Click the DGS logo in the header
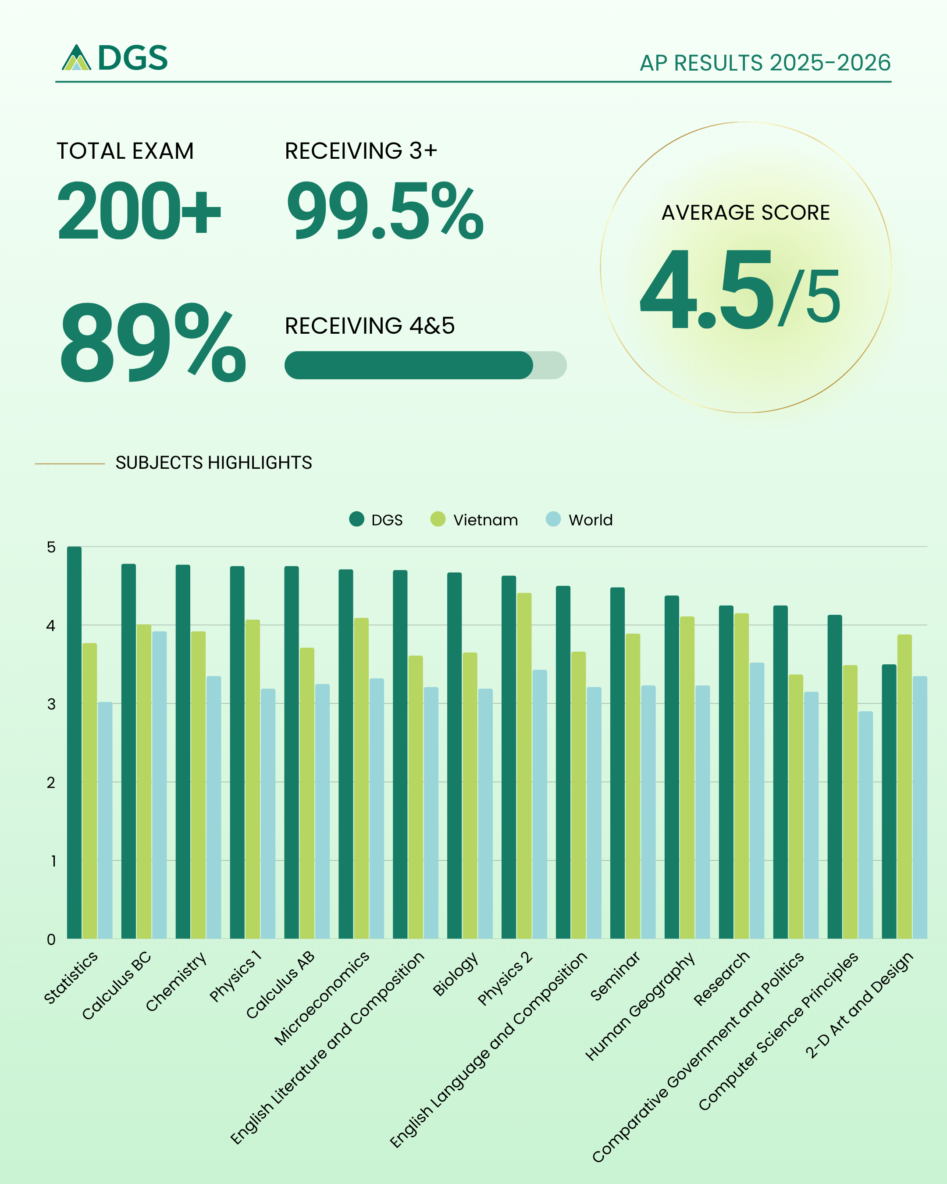tap(114, 57)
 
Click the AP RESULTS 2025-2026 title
tap(765, 63)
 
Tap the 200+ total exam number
tap(139, 211)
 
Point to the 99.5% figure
tap(385, 211)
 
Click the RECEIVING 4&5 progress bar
tap(425, 365)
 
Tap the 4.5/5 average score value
tap(740, 289)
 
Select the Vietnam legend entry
tap(474, 520)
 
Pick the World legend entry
tap(579, 520)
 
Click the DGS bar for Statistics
tap(74, 742)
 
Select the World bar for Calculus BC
tap(159, 785)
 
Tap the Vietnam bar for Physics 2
tap(524, 766)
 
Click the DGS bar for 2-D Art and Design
tap(889, 801)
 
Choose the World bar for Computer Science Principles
tap(865, 825)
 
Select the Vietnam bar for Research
tap(741, 776)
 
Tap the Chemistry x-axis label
tap(177, 981)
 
